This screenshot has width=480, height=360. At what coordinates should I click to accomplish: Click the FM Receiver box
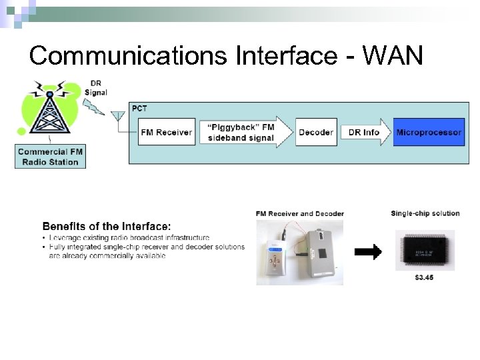(x=167, y=132)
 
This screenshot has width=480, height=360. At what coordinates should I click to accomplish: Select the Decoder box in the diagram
(x=316, y=132)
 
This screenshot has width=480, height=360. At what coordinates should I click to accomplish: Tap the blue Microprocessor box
(x=428, y=132)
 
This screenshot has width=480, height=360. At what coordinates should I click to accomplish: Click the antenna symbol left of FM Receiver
(x=120, y=120)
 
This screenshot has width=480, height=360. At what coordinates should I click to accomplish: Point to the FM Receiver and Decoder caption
(x=299, y=213)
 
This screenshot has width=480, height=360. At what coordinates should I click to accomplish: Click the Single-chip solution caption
(x=425, y=213)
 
